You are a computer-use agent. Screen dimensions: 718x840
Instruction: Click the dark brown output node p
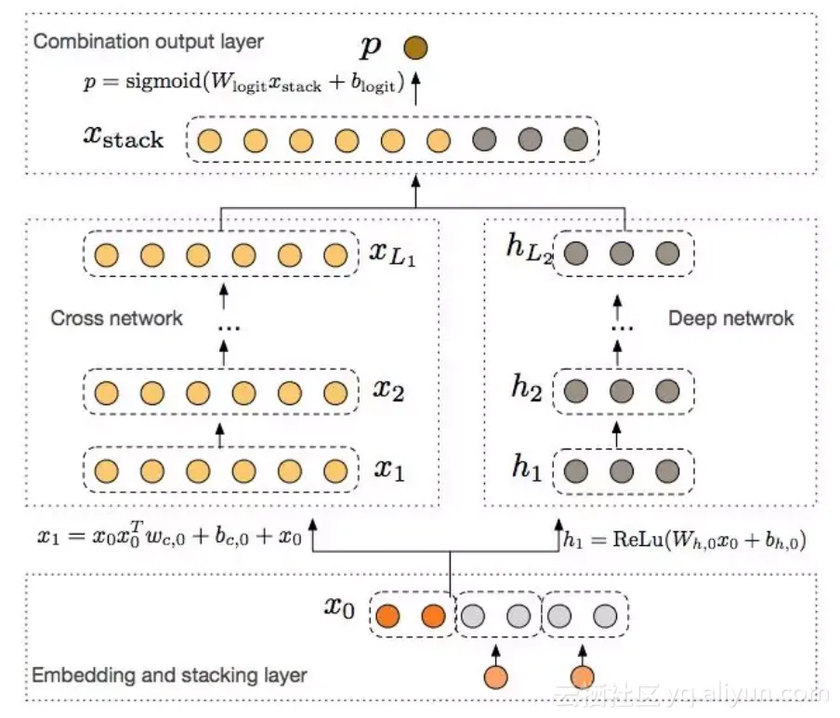(415, 46)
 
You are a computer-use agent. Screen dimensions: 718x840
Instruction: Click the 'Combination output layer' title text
(148, 42)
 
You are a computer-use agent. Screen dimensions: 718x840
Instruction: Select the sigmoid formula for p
(243, 83)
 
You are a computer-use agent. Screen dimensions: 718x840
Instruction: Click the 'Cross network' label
(116, 319)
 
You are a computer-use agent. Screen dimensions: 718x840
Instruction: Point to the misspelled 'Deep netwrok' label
(731, 319)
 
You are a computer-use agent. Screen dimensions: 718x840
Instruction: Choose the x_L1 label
(390, 254)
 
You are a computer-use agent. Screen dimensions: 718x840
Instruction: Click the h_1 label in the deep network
(526, 468)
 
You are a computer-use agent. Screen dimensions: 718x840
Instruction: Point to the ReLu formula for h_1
(684, 537)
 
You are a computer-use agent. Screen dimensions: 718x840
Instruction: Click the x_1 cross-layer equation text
(169, 537)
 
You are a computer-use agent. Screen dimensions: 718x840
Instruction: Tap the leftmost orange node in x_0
(387, 615)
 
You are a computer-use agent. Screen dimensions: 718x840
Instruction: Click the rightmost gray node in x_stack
(575, 140)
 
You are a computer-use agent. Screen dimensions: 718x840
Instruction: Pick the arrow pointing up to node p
(415, 86)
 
